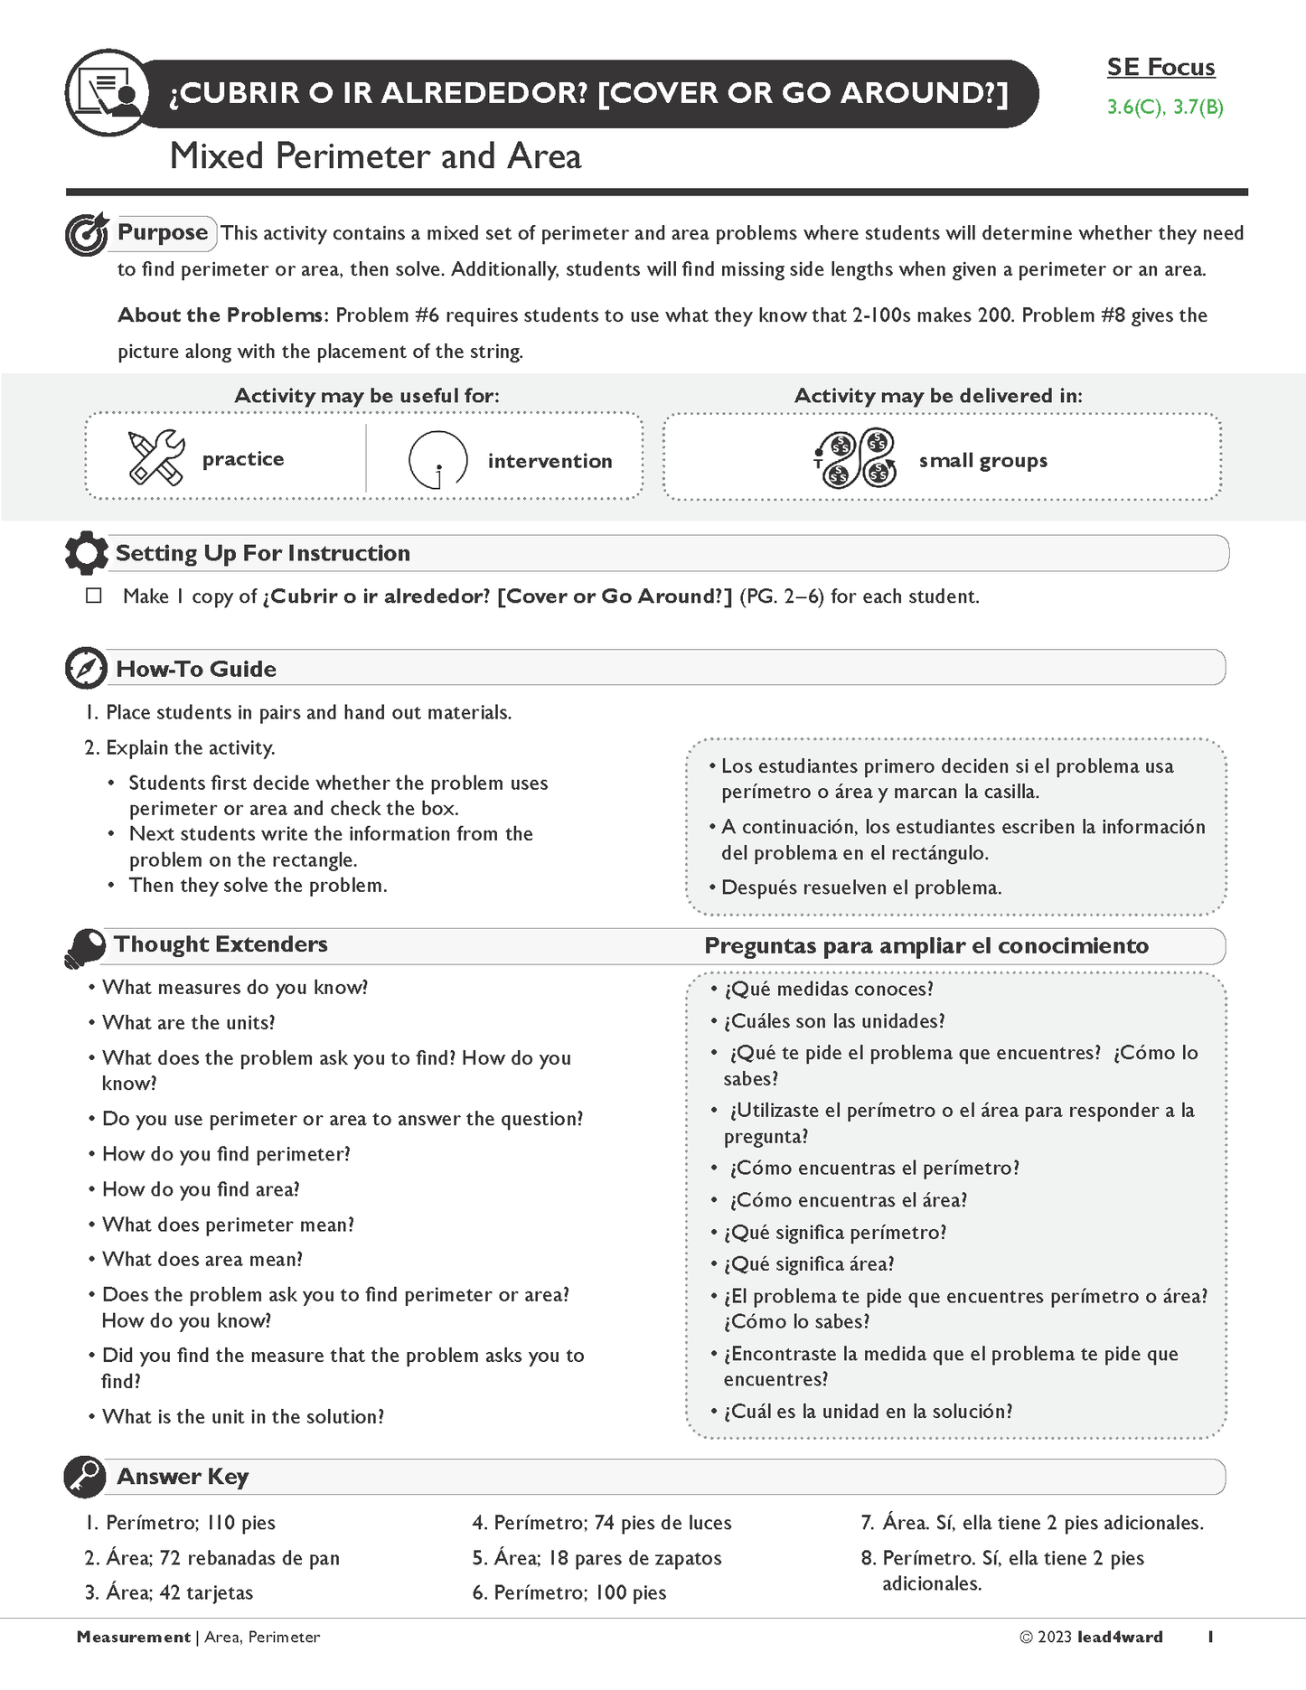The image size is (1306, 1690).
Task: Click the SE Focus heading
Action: coord(1160,67)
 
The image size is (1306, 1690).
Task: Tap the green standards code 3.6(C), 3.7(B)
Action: coord(1165,108)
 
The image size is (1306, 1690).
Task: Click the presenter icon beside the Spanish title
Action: coord(107,94)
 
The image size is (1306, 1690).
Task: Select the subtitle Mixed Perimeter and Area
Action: coord(375,156)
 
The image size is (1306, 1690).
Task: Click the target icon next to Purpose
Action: coord(87,235)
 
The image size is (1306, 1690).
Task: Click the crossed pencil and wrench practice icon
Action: coord(155,457)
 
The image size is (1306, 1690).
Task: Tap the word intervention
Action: coord(550,461)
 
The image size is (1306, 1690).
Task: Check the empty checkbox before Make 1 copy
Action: coord(94,596)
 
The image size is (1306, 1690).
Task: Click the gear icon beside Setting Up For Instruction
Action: coord(87,553)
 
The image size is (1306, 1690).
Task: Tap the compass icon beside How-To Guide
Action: coord(87,669)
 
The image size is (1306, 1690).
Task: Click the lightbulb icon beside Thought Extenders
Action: coord(85,947)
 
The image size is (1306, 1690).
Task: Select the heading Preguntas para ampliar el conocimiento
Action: coord(926,946)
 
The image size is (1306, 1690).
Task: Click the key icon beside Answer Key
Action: coord(86,1477)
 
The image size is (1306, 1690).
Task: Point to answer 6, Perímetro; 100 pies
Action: coord(569,1592)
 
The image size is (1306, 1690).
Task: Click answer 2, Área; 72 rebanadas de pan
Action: coord(212,1558)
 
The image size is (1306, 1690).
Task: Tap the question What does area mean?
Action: coord(202,1259)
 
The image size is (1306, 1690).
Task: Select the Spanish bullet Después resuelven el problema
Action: coord(861,887)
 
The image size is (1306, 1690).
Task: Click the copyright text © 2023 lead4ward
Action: coord(1091,1637)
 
